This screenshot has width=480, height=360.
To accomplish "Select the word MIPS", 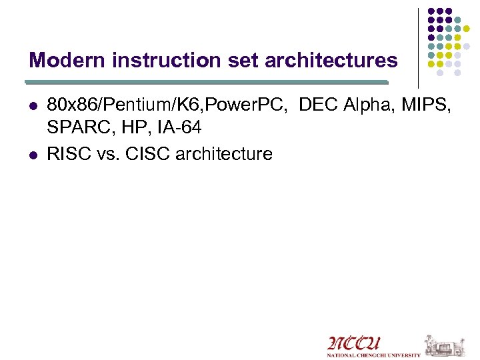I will [x=429, y=105].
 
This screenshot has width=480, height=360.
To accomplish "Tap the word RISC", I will [x=69, y=154].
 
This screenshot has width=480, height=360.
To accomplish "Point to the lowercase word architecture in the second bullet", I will [x=223, y=154].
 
